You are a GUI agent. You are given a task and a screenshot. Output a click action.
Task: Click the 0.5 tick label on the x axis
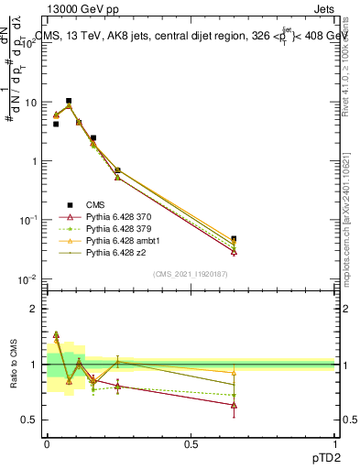click(191, 442)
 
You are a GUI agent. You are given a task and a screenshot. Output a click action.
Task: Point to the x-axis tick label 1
click(335, 442)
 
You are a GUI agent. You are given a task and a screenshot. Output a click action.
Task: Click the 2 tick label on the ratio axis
click(37, 309)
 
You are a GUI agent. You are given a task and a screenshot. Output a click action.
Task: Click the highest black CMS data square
click(69, 101)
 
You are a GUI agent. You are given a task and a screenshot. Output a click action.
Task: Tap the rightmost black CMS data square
click(234, 239)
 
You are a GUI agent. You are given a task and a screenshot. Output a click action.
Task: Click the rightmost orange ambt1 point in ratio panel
click(234, 373)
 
